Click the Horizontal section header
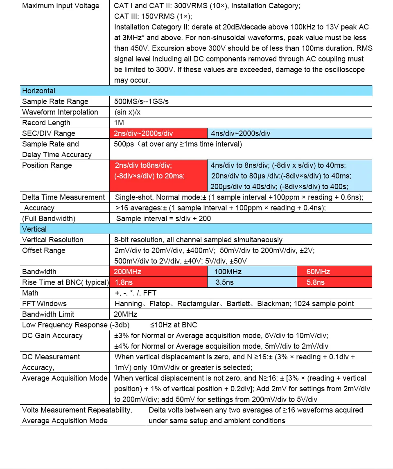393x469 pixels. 39,91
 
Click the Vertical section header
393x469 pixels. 34,229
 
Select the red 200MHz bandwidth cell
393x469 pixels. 158,272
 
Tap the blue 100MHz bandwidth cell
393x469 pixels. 252,272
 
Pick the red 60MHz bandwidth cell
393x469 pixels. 334,272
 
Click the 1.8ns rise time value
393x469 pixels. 158,282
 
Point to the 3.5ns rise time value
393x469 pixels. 252,282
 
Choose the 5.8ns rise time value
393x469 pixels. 334,282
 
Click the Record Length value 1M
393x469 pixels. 119,123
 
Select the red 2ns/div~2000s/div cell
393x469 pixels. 158,133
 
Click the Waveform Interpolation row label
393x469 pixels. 60,112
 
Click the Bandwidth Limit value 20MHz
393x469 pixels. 126,314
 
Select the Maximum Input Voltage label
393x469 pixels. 61,6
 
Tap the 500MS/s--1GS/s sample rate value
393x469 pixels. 141,101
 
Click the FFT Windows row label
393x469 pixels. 44,304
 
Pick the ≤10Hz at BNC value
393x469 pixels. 173,325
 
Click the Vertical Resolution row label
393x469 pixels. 53,240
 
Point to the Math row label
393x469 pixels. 30,293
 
